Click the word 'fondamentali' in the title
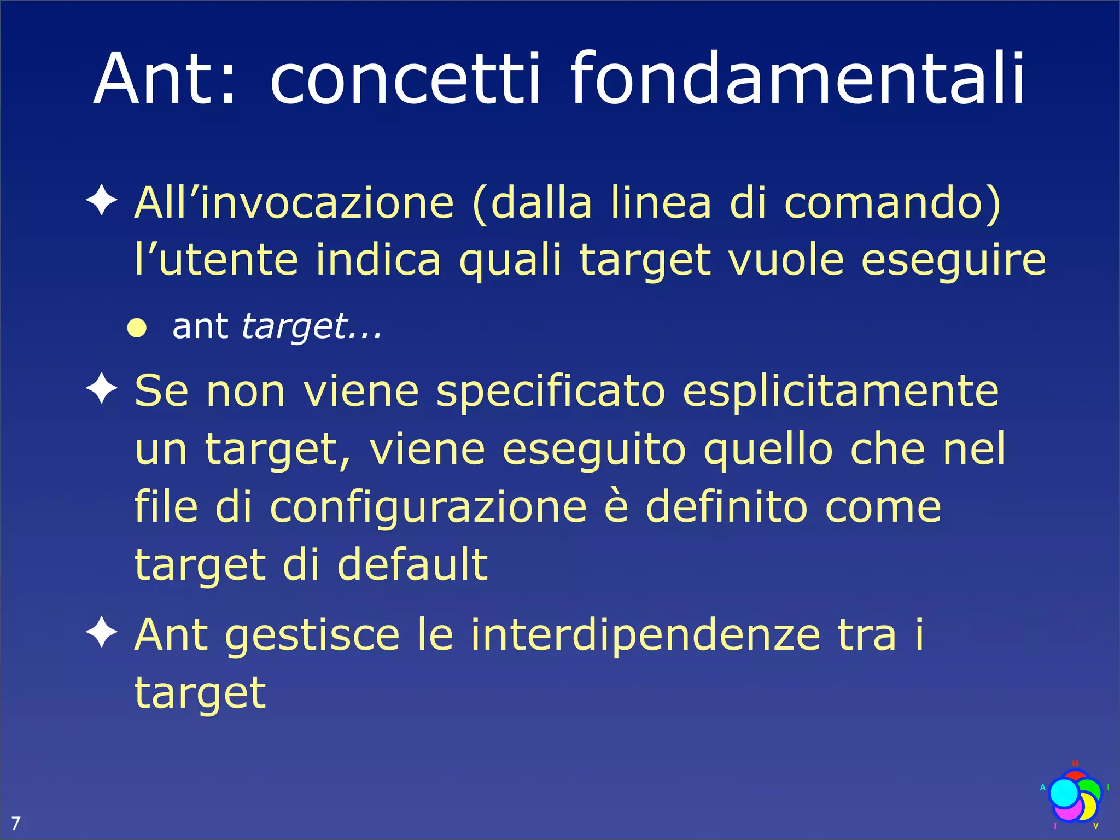point(797,79)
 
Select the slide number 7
point(15,822)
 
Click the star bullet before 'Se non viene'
point(102,389)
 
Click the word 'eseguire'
point(953,260)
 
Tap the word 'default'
point(412,564)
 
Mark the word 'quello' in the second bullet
point(768,450)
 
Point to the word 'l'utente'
point(217,260)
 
